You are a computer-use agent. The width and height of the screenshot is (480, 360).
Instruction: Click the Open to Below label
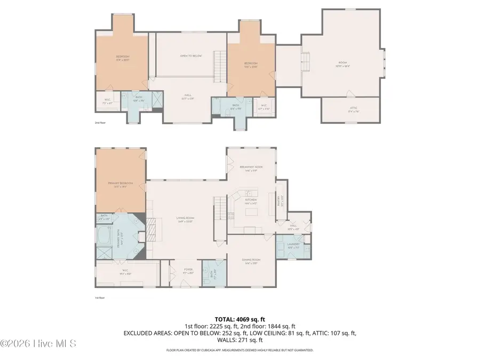coord(190,56)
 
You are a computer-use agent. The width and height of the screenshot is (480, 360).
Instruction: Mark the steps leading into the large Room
coord(305,60)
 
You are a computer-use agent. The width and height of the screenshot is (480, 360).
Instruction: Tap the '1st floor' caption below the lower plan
coord(100,298)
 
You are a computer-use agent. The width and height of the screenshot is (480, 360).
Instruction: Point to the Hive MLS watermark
coord(38,343)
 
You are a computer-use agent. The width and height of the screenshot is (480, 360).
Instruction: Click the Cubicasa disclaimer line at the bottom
coord(239,350)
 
